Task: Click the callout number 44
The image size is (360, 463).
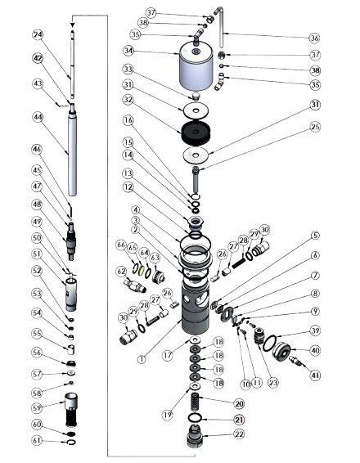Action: (x=38, y=118)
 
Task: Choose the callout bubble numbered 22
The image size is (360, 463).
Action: (x=240, y=434)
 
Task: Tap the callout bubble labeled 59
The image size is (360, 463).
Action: (x=38, y=407)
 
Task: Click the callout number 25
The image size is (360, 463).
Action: (x=315, y=128)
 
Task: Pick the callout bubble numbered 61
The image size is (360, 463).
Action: (x=38, y=442)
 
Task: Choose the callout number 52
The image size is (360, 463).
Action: (x=38, y=271)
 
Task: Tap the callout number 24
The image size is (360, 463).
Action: (x=38, y=34)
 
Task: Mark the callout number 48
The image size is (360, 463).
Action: (x=38, y=204)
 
